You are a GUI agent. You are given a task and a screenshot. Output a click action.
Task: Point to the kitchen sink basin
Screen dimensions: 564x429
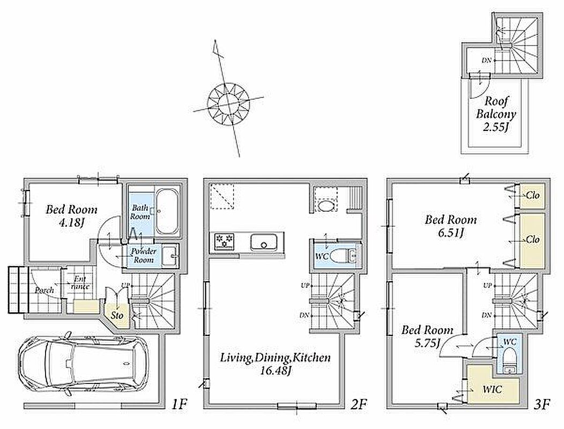pos(264,242)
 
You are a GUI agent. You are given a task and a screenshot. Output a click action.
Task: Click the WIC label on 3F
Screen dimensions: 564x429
pos(492,389)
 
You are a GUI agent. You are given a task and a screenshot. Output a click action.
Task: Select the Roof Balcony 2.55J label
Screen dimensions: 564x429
pos(496,114)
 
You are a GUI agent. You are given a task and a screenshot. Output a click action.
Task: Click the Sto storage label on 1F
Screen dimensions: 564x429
pos(117,316)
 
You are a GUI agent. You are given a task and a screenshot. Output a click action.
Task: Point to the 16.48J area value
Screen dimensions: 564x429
pos(276,371)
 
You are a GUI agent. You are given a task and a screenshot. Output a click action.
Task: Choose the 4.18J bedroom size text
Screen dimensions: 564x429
pos(71,223)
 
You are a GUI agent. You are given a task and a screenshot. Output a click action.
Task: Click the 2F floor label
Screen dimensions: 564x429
pos(359,404)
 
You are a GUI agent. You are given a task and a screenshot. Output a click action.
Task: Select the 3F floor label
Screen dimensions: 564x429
pos(541,404)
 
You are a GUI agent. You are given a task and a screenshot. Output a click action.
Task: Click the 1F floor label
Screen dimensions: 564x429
pos(179,404)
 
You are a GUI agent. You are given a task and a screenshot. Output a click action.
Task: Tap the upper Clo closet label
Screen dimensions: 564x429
pos(533,195)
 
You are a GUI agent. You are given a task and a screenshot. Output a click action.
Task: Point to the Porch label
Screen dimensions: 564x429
pos(44,290)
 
